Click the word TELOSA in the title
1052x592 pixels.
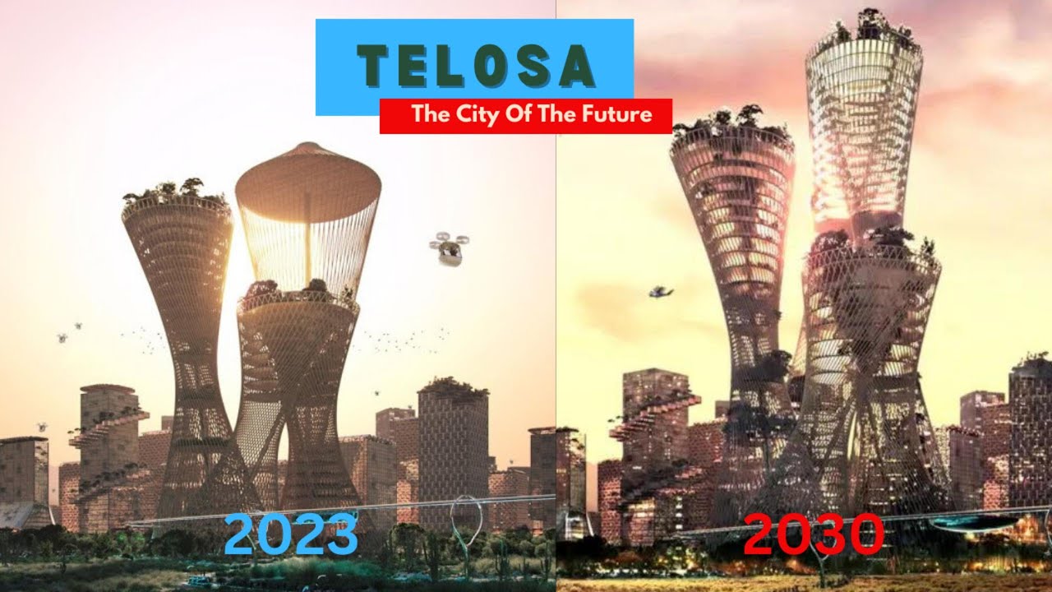pyautogui.click(x=475, y=66)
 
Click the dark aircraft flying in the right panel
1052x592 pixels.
pyautogui.click(x=660, y=292)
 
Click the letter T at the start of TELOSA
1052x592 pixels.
pyautogui.click(x=369, y=67)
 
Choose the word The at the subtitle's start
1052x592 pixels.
pyautogui.click(x=430, y=114)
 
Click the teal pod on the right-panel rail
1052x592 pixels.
pyautogui.click(x=974, y=521)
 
